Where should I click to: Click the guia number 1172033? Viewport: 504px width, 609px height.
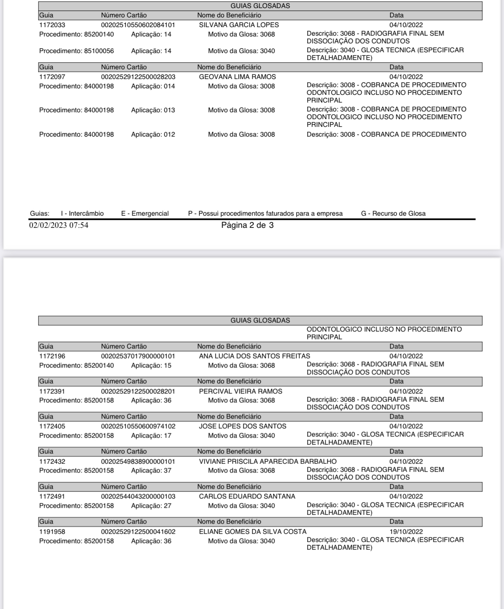[x=52, y=25]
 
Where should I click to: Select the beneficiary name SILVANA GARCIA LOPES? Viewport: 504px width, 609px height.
[x=239, y=25]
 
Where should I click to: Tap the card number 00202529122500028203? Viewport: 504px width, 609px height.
[x=138, y=77]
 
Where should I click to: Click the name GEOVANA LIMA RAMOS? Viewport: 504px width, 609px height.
[x=237, y=77]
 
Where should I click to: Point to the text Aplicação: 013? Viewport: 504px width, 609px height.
[x=153, y=110]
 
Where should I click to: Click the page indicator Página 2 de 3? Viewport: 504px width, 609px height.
[x=247, y=225]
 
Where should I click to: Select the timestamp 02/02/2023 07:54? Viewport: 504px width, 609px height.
[x=58, y=225]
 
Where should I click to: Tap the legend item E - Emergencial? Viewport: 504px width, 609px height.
[x=145, y=214]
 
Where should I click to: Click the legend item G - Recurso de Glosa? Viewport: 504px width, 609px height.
[x=393, y=214]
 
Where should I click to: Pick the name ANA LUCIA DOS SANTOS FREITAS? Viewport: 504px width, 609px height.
[x=254, y=356]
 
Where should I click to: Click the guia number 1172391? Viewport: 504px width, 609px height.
[x=52, y=391]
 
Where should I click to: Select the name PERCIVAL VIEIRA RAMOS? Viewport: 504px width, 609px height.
[x=240, y=391]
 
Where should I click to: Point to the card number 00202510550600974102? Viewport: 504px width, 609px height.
[x=138, y=426]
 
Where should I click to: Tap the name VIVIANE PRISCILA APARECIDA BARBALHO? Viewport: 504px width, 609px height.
[x=267, y=461]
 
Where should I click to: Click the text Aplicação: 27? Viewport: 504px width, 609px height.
[x=151, y=506]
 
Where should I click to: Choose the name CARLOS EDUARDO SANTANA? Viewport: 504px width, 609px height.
[x=247, y=496]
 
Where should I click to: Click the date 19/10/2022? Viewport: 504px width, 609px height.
[x=406, y=532]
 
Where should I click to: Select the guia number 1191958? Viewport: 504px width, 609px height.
[x=52, y=532]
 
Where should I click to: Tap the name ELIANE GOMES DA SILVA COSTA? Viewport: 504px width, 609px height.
[x=252, y=532]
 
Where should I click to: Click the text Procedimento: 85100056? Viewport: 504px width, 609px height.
[x=76, y=51]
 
